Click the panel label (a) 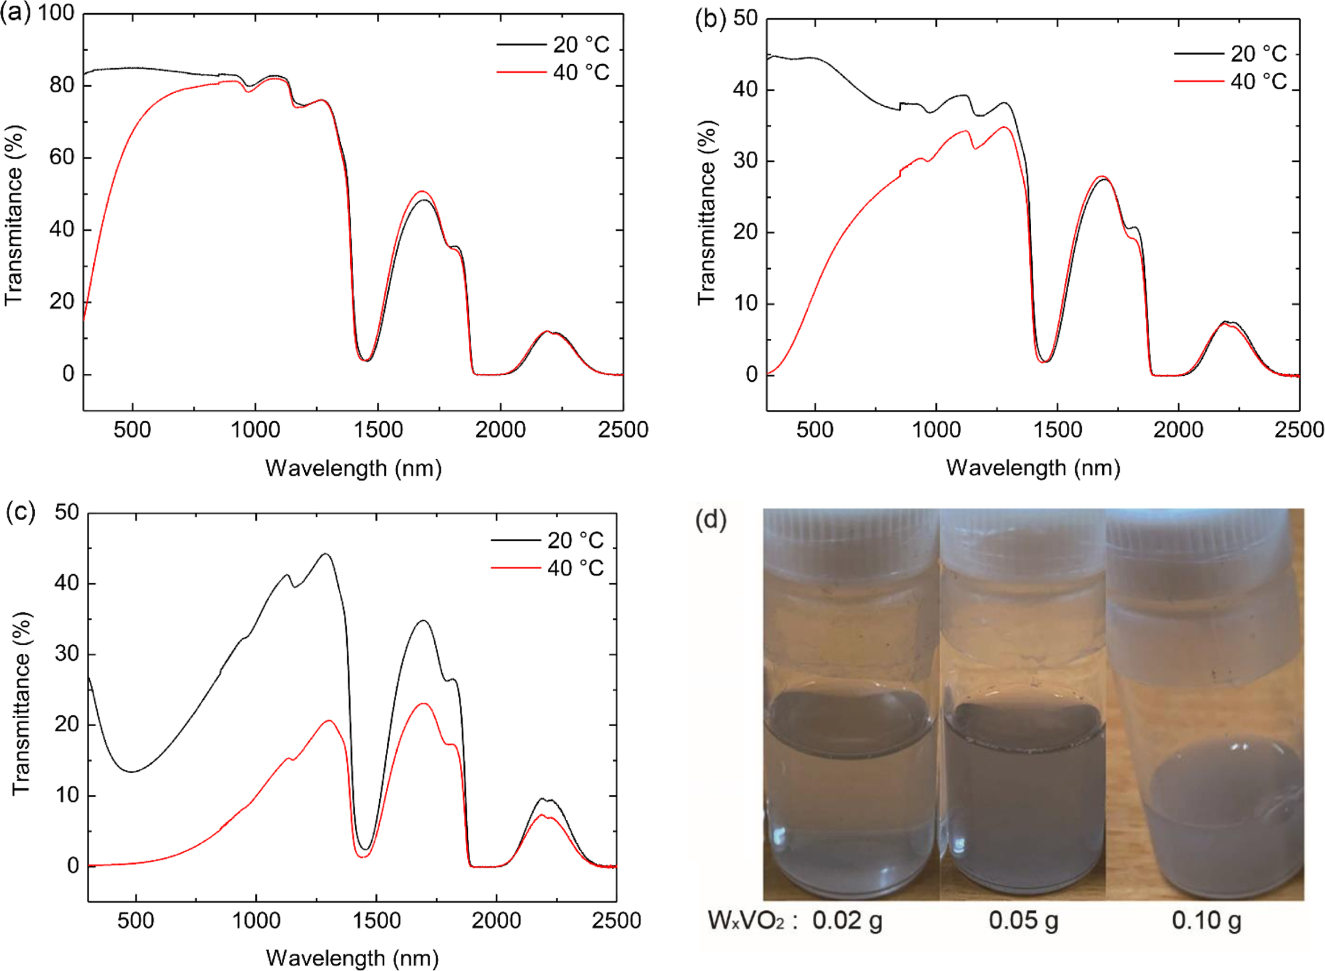pos(16,13)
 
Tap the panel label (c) pos(20,512)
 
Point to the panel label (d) pos(711,520)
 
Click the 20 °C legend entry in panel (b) pos(1232,54)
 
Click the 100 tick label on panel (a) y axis pos(56,13)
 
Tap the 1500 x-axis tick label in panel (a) pos(378,430)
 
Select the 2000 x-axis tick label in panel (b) pos(1178,430)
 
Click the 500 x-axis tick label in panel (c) pos(135,920)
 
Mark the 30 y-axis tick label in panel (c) pos(67,654)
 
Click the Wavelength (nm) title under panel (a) pos(353,468)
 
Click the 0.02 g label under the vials pos(847,920)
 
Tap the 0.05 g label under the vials pos(1023,920)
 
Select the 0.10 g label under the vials pos(1206,920)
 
